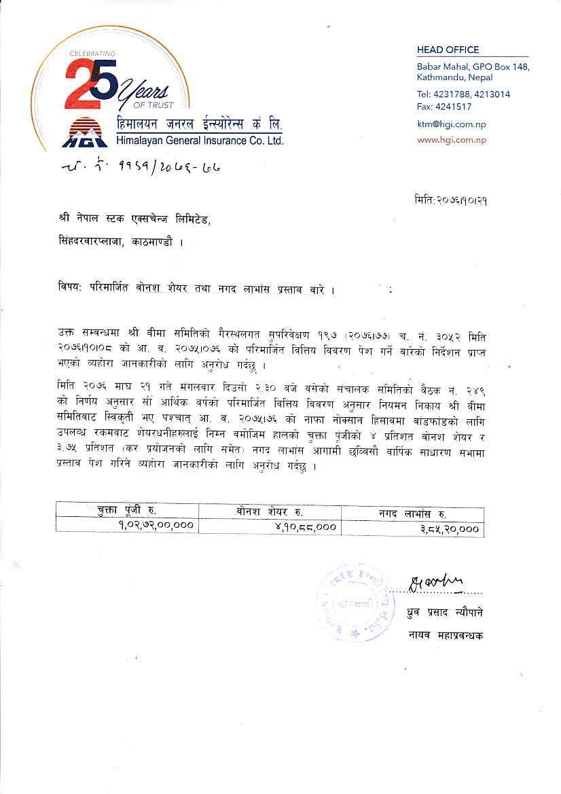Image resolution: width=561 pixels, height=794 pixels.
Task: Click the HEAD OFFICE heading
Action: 448,50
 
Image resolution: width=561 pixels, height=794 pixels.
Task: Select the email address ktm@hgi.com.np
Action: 451,124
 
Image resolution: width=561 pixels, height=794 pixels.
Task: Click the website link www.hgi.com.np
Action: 452,140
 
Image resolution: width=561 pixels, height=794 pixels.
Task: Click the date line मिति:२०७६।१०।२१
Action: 451,200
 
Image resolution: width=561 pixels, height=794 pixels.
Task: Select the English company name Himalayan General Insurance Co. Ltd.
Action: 199,141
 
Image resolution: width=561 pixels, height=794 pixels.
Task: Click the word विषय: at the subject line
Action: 69,289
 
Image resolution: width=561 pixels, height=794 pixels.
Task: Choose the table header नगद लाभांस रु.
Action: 412,513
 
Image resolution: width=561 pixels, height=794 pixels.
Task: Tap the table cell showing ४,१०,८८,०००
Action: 304,526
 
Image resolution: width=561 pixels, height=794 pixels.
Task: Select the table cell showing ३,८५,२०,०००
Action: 450,528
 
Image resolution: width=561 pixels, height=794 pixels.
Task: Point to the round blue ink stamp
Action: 355,601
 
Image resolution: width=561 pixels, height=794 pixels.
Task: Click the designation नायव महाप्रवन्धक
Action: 446,636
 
